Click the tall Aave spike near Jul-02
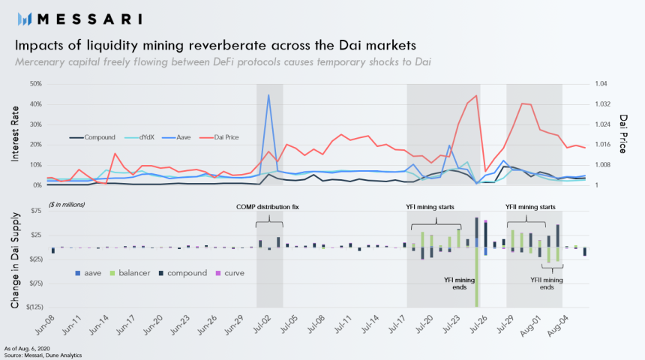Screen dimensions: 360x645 click(x=268, y=96)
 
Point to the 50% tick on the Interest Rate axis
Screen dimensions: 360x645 click(x=35, y=84)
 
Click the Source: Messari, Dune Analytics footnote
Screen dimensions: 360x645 click(x=43, y=354)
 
